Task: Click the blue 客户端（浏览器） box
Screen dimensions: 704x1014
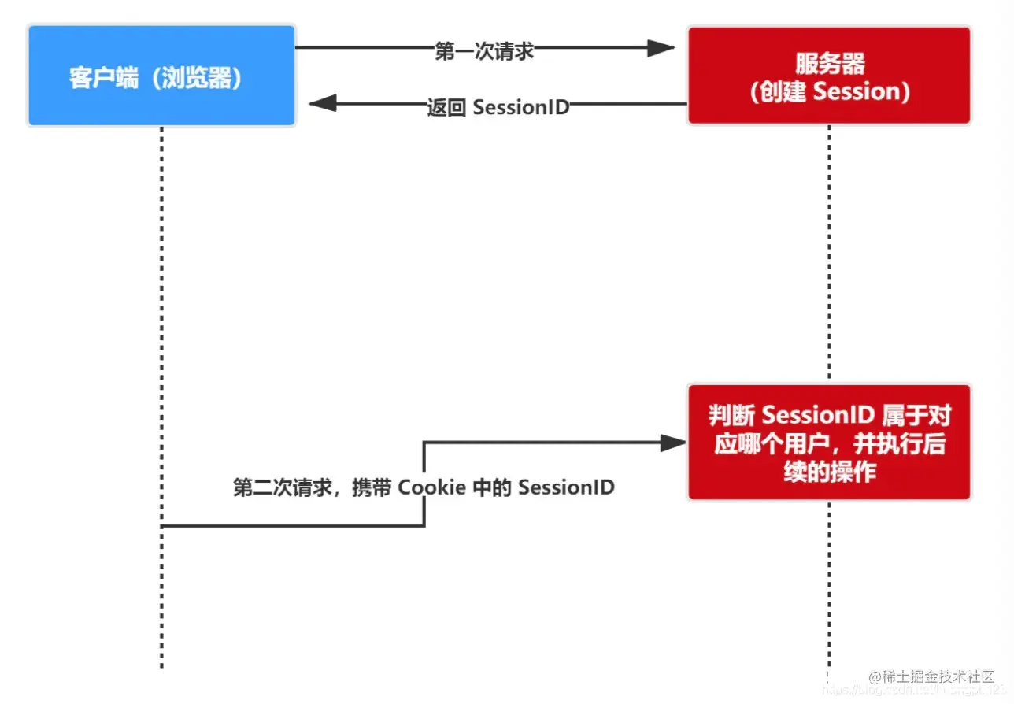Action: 161,76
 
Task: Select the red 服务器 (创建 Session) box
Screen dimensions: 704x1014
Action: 829,76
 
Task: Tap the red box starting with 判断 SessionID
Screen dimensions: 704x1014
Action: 829,442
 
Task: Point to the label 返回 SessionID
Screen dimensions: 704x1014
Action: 498,107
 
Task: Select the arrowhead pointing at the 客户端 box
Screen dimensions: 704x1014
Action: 323,103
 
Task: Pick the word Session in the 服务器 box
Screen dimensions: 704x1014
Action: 854,92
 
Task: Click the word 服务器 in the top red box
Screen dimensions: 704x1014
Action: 829,62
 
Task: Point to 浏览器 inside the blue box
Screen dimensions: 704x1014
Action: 198,78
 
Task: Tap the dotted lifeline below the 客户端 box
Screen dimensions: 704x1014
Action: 161,315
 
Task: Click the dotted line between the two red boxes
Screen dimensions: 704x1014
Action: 829,252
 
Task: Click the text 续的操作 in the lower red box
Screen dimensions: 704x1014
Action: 829,472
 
